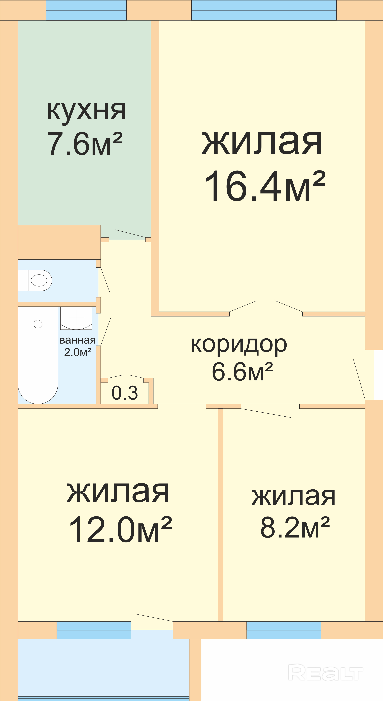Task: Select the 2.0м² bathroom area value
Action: coord(77,352)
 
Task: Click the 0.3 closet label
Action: coord(125,393)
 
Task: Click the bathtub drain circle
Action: coord(38,324)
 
